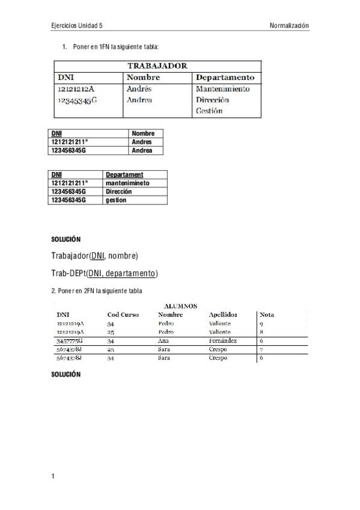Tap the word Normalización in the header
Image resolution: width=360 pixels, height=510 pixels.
click(x=289, y=26)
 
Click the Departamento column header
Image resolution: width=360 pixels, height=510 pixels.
click(x=225, y=78)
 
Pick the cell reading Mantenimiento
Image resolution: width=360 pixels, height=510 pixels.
click(x=222, y=89)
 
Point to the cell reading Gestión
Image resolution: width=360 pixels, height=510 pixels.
click(x=209, y=111)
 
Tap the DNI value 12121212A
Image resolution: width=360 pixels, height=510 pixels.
click(x=76, y=89)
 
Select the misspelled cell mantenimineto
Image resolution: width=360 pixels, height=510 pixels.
click(x=127, y=183)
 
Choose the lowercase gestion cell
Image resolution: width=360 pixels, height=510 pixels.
click(x=116, y=200)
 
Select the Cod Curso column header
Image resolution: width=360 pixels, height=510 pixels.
click(x=123, y=315)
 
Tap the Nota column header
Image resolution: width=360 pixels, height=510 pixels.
click(x=267, y=315)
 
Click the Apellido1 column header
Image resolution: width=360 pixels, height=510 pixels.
click(x=222, y=315)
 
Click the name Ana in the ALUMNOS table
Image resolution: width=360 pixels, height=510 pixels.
click(x=163, y=341)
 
